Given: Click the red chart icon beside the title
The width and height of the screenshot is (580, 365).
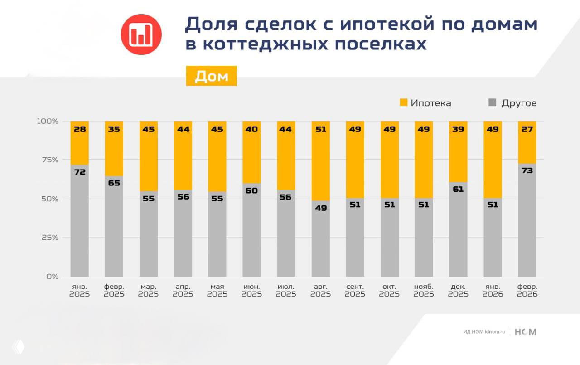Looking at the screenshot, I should tap(141, 34).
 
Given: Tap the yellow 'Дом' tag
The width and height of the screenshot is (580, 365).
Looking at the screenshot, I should tap(211, 76).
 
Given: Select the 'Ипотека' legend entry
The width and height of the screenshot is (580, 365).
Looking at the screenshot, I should tap(425, 103).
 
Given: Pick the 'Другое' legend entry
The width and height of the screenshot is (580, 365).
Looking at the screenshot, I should tap(512, 103).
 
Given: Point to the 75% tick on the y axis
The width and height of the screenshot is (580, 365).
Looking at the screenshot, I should tap(48, 160).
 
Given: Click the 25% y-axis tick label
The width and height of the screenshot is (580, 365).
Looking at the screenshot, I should tap(48, 238).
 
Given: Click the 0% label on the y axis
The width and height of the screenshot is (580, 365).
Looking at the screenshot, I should tap(52, 277).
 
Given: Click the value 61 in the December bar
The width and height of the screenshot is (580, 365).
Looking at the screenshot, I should tap(458, 189).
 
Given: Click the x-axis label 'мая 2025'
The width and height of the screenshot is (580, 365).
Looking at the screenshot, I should tap(217, 291).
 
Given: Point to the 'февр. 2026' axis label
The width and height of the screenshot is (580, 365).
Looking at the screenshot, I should tap(527, 291).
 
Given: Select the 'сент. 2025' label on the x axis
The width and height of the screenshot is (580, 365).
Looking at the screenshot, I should tap(355, 291).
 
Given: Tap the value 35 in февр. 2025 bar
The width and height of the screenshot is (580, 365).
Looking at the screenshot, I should tap(114, 129).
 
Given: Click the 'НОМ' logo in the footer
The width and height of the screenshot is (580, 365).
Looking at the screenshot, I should tap(526, 332).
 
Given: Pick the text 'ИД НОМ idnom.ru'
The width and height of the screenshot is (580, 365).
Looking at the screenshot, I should tap(483, 332).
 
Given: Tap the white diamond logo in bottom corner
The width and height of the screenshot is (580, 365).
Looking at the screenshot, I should tap(18, 347).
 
